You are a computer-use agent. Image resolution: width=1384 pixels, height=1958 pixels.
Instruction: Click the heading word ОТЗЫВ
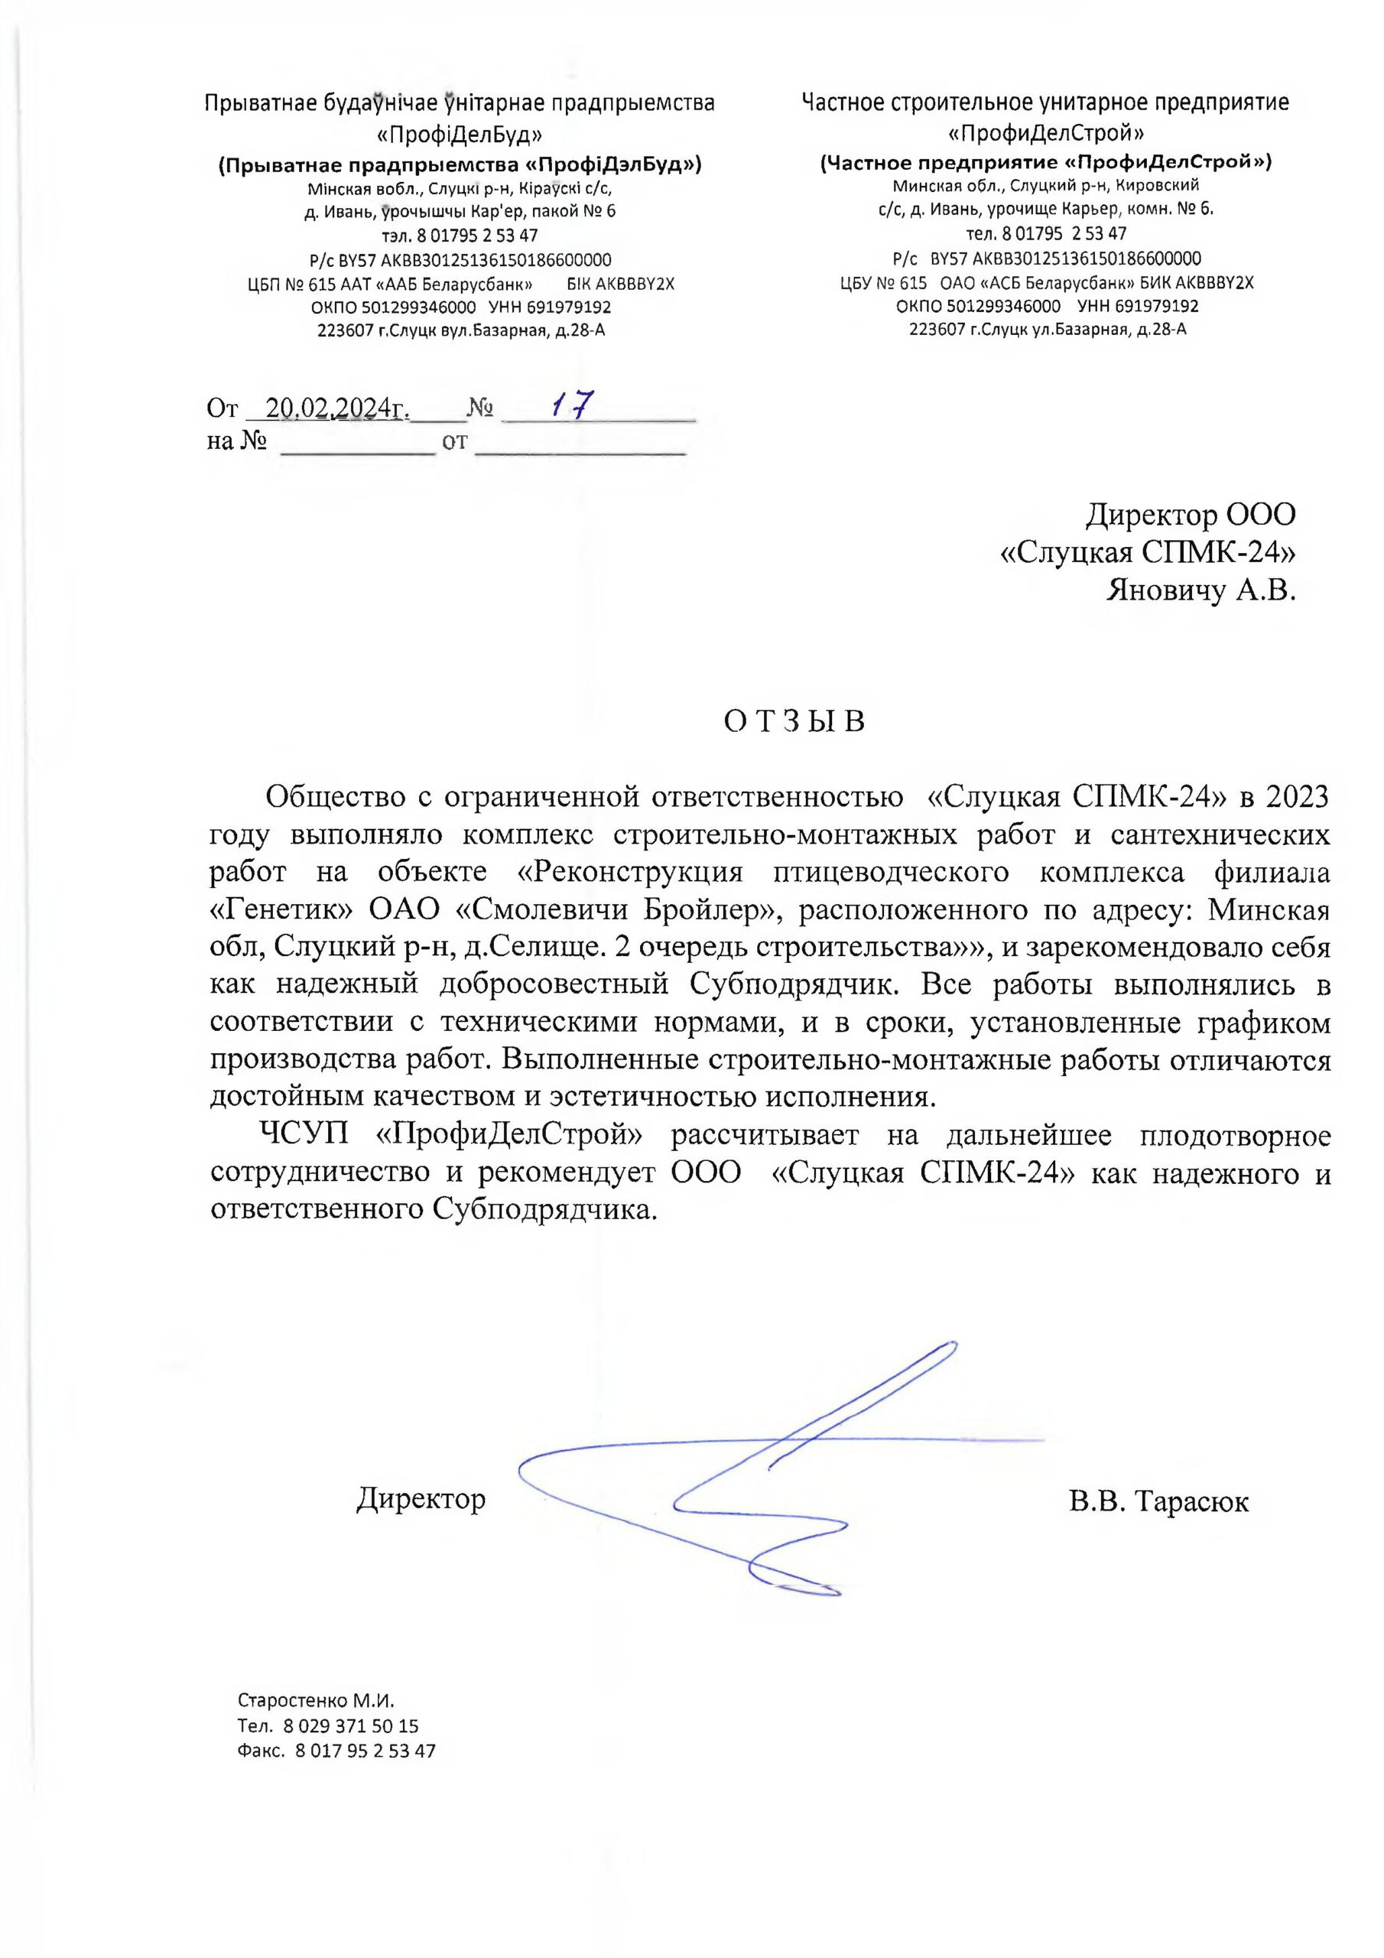click(x=794, y=722)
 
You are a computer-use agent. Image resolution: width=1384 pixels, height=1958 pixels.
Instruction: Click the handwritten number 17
click(x=571, y=405)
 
